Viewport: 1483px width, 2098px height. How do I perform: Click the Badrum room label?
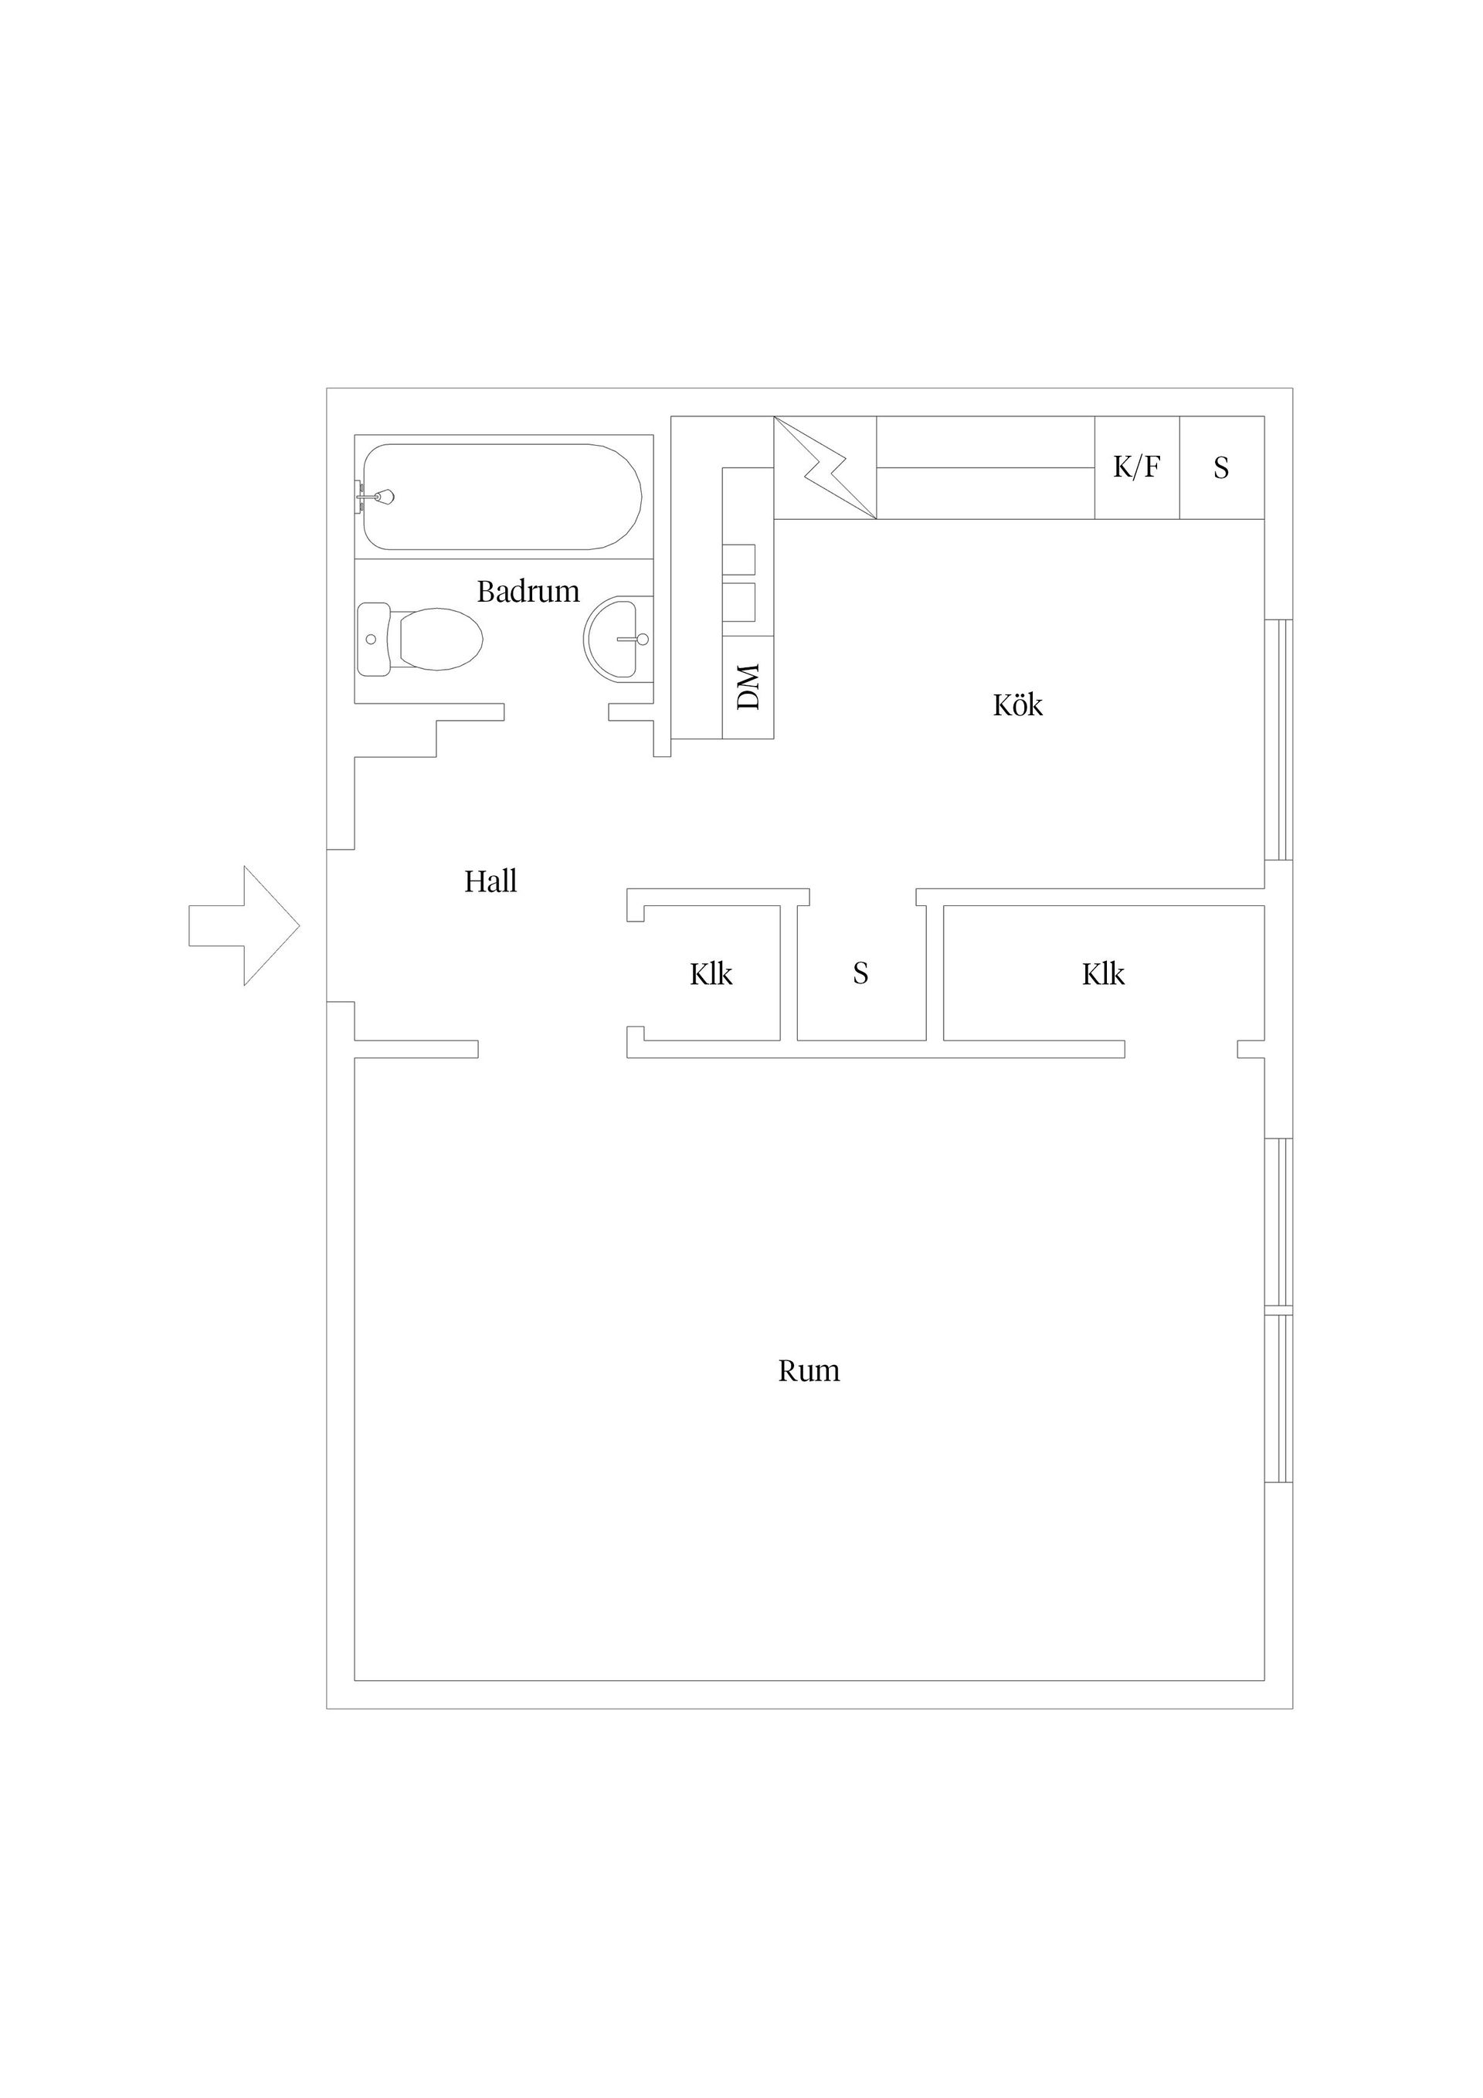[x=528, y=592]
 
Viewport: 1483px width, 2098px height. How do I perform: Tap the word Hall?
[x=490, y=882]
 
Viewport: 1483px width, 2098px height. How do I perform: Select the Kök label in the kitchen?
[x=1018, y=705]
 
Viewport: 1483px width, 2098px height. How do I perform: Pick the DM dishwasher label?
[x=748, y=687]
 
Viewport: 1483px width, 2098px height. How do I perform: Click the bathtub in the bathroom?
[x=503, y=497]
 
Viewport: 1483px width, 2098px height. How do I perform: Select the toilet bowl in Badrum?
[x=439, y=639]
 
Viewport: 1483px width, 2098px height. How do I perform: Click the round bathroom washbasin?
[x=617, y=639]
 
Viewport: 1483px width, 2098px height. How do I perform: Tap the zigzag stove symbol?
[x=825, y=468]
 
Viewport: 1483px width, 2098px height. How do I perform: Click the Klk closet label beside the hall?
[x=711, y=975]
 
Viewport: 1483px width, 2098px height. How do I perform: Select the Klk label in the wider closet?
[x=1103, y=975]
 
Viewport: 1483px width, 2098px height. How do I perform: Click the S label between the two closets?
[x=860, y=974]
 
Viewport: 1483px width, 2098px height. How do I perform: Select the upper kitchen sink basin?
[x=739, y=559]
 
